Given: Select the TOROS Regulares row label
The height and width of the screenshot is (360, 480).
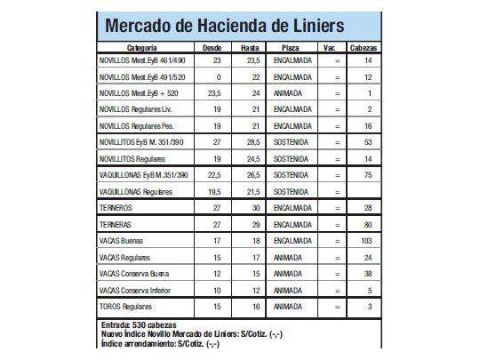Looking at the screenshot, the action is (x=129, y=306).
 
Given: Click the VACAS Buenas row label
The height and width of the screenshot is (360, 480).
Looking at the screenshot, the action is (x=125, y=240).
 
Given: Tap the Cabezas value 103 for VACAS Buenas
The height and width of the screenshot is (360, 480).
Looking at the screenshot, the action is (x=367, y=240).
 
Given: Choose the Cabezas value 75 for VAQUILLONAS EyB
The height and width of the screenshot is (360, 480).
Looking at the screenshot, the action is (x=367, y=175).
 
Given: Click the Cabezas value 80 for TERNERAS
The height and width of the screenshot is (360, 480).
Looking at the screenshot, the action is (x=367, y=223).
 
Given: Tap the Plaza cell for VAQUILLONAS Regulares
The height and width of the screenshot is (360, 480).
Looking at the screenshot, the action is (x=290, y=191).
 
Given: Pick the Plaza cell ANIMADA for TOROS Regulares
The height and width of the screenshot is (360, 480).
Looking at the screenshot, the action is (x=290, y=306).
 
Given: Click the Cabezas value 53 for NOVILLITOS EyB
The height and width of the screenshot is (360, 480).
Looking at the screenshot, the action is (x=367, y=141).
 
